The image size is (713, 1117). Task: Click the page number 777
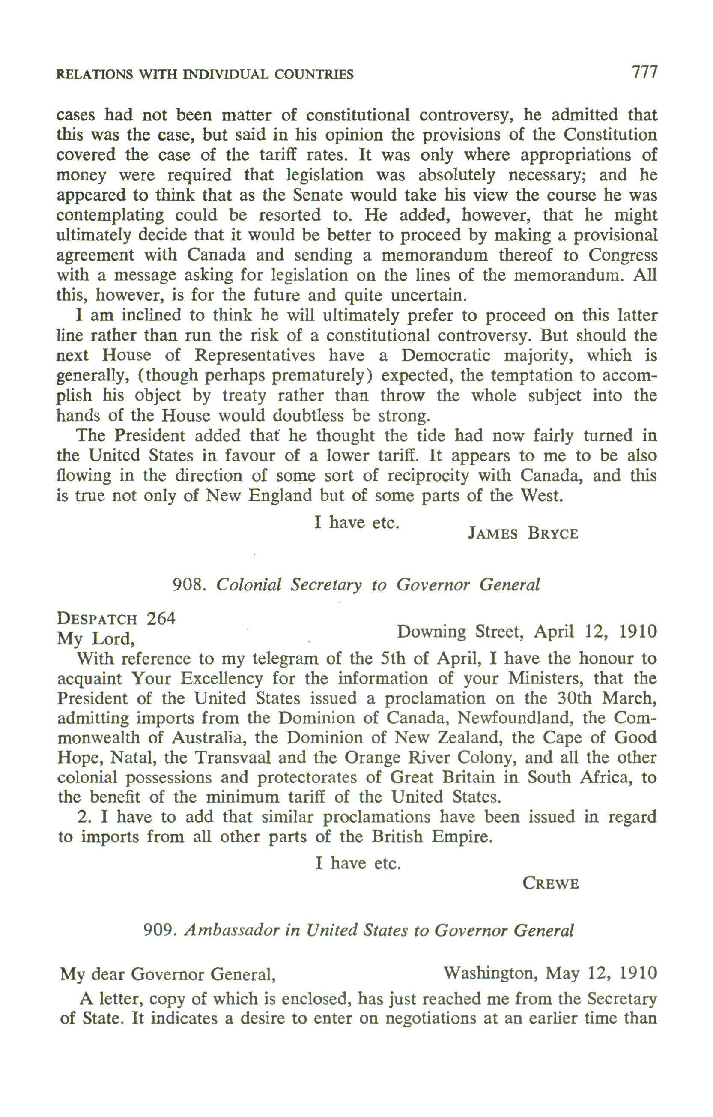pos(644,72)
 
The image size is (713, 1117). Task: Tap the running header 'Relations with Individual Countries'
pos(204,74)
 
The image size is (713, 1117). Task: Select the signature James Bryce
pos(523,533)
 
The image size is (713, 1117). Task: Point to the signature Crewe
pos(551,883)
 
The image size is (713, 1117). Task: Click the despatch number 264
pos(161,619)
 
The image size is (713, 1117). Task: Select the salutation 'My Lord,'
pos(96,639)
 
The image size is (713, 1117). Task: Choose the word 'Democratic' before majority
pos(446,355)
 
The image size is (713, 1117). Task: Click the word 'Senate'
pos(317,195)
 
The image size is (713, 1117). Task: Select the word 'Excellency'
pos(221,679)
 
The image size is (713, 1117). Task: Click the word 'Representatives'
pos(254,355)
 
